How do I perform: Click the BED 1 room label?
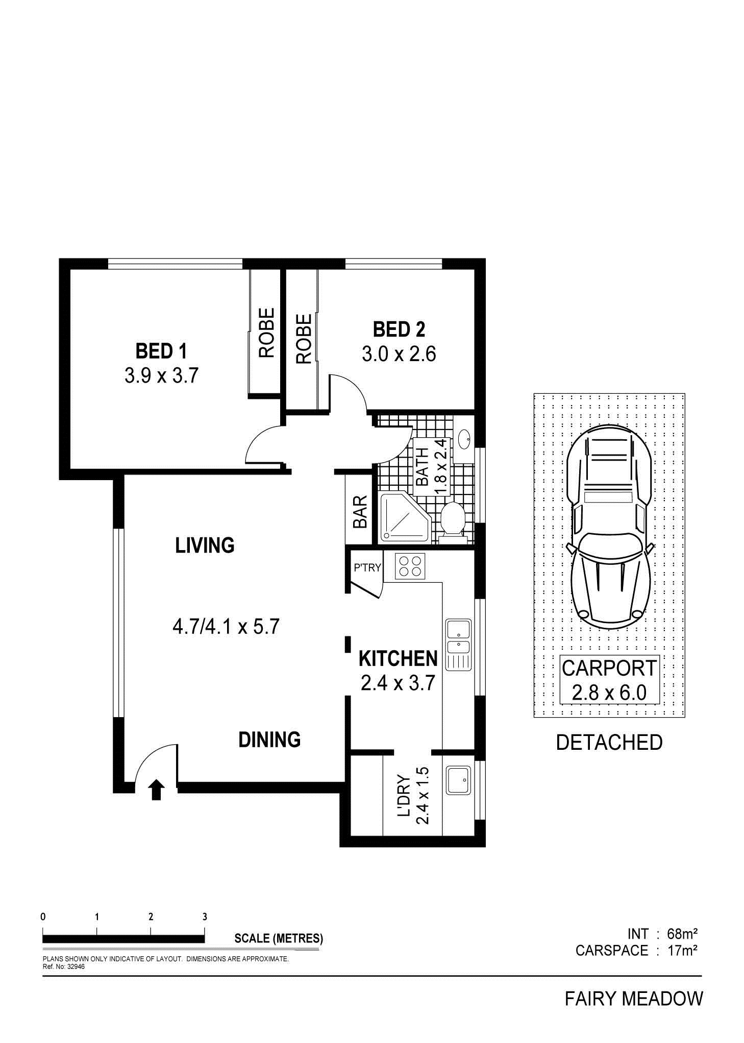(161, 351)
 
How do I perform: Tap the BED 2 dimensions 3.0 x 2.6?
(399, 354)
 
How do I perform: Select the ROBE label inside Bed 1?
(266, 333)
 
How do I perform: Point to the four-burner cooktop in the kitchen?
(410, 566)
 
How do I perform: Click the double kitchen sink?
(459, 645)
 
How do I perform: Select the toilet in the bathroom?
(451, 520)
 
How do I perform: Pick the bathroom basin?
(464, 439)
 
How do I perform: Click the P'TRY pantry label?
(367, 567)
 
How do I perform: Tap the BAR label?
(360, 512)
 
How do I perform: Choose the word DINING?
(269, 740)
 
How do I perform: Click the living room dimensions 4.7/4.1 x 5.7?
(226, 626)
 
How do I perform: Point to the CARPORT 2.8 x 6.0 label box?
(609, 680)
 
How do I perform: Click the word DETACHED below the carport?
(609, 743)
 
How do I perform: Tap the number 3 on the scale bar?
(205, 917)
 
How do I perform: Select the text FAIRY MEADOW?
(634, 999)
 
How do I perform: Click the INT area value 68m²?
(682, 934)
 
